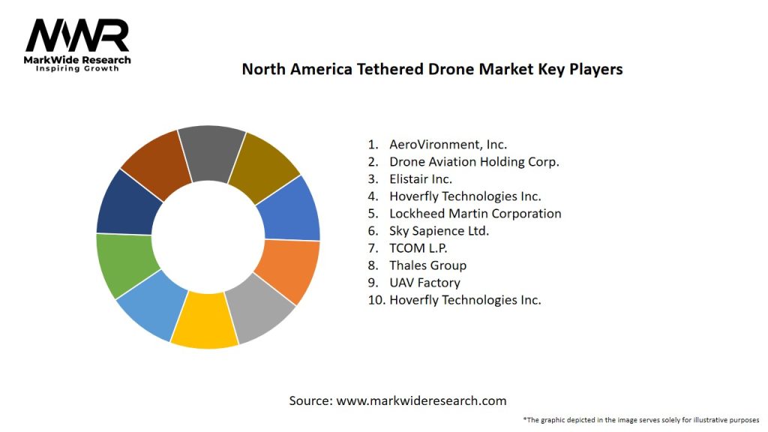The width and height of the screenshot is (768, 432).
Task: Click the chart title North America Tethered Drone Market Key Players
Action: click(x=432, y=69)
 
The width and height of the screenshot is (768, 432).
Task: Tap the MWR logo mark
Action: click(x=77, y=36)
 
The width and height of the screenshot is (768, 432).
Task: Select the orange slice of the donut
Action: click(x=286, y=269)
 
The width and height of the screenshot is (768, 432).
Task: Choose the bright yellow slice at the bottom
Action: click(x=203, y=320)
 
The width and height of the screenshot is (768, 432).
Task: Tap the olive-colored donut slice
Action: click(x=262, y=166)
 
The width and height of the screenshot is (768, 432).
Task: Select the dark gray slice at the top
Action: click(x=211, y=153)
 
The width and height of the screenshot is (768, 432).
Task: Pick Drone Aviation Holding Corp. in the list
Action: click(x=474, y=161)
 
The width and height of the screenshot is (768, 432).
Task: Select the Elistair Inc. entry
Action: click(x=420, y=178)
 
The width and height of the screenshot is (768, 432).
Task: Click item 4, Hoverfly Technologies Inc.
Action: click(x=465, y=196)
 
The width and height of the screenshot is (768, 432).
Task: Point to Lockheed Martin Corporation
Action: click(x=475, y=214)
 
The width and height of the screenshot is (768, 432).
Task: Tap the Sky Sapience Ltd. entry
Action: click(x=439, y=231)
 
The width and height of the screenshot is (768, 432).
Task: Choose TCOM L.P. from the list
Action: click(x=418, y=248)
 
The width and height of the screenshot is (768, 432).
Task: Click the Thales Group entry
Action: click(x=427, y=265)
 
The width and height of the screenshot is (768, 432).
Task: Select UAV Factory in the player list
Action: click(x=424, y=283)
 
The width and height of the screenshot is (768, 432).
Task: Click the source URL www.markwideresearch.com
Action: click(x=421, y=400)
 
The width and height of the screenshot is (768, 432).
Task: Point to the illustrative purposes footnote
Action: click(x=641, y=420)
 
